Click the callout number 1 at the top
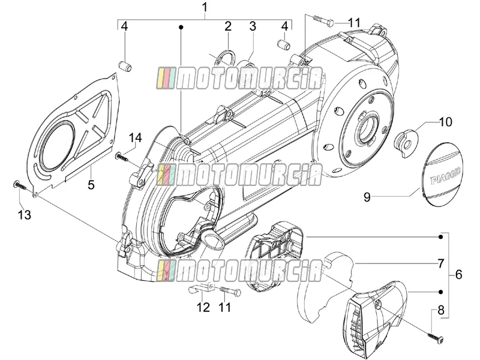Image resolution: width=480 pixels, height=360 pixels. pyautogui.click(x=205, y=7)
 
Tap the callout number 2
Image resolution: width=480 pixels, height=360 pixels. pyautogui.click(x=228, y=26)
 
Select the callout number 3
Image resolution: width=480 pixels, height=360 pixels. pyautogui.click(x=253, y=26)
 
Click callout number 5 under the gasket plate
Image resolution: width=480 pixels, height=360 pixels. pyautogui.click(x=91, y=185)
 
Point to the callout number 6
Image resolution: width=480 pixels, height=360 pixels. pyautogui.click(x=458, y=274)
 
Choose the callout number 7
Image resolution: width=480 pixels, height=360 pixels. pyautogui.click(x=441, y=263)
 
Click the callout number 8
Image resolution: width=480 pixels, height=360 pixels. pyautogui.click(x=441, y=310)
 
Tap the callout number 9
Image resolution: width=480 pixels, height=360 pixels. pyautogui.click(x=367, y=197)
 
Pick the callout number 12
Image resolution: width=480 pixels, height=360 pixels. pyautogui.click(x=203, y=307)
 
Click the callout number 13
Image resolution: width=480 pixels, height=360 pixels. pyautogui.click(x=25, y=215)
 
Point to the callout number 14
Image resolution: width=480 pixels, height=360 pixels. pyautogui.click(x=135, y=138)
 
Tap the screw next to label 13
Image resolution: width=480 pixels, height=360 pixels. pyautogui.click(x=20, y=185)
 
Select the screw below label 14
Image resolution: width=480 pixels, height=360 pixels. pyautogui.click(x=122, y=157)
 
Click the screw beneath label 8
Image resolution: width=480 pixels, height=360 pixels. pyautogui.click(x=437, y=338)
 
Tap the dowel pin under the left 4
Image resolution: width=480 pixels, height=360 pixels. pyautogui.click(x=125, y=66)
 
